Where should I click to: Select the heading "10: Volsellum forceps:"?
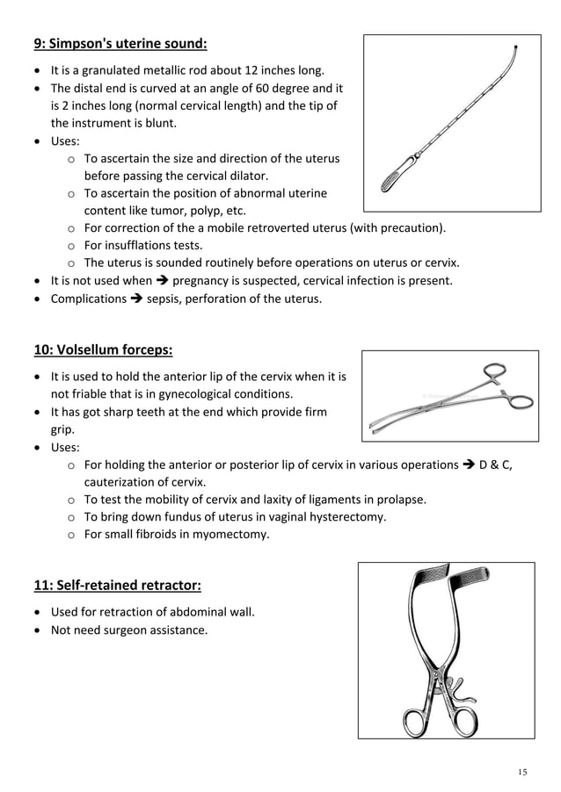point(103,350)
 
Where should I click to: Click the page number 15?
point(522,772)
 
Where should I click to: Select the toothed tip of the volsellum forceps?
point(376,424)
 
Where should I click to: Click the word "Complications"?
point(88,299)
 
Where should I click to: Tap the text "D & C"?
point(495,464)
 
